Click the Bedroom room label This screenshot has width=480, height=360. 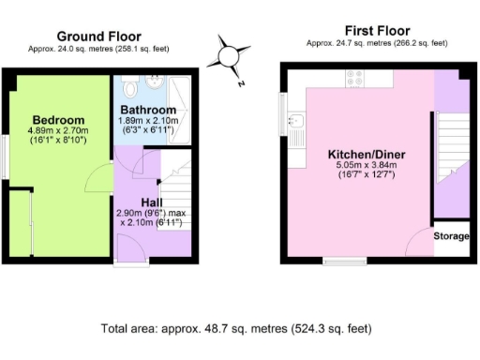pyautogui.click(x=58, y=120)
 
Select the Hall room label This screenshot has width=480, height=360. pyautogui.click(x=154, y=202)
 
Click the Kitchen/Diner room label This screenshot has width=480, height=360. pyautogui.click(x=367, y=155)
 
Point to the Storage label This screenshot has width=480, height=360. pyautogui.click(x=450, y=236)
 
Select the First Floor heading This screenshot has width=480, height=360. pyautogui.click(x=377, y=30)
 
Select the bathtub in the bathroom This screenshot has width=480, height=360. pyautogui.click(x=181, y=103)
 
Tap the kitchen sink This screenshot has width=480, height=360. pyautogui.click(x=294, y=120)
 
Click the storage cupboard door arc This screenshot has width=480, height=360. pyautogui.click(x=419, y=238)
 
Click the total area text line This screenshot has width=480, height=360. pyautogui.click(x=236, y=329)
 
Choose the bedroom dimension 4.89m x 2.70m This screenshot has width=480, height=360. pyautogui.click(x=58, y=133)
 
